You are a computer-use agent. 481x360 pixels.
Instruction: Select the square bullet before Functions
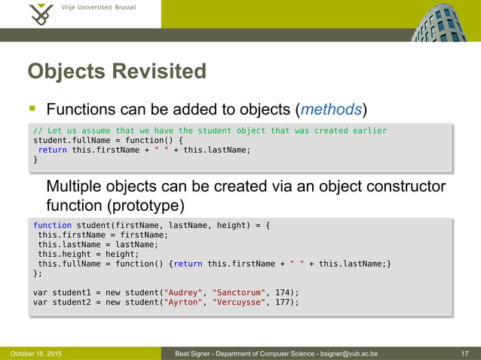[34, 110]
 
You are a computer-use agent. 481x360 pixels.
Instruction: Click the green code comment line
[210, 130]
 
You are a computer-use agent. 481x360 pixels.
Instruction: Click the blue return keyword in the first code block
[53, 150]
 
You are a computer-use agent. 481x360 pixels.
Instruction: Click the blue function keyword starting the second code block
[53, 224]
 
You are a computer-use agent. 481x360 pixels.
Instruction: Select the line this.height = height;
[83, 254]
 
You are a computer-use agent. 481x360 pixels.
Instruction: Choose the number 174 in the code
[283, 292]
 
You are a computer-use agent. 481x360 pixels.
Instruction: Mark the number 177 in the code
[283, 302]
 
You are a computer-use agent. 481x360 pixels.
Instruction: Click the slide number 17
[464, 353]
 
